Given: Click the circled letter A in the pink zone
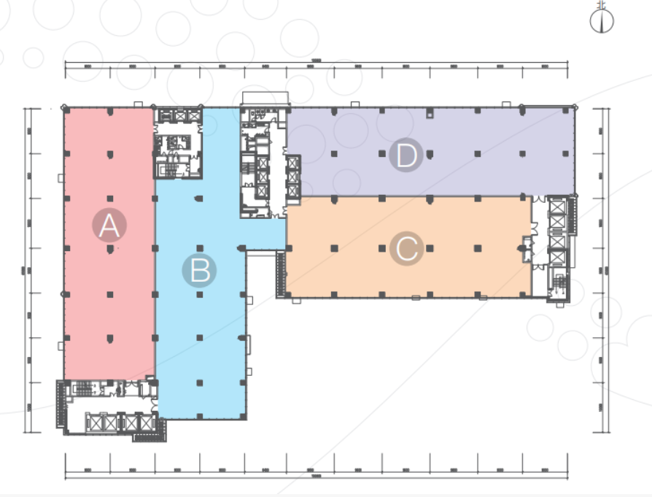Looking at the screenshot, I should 109,226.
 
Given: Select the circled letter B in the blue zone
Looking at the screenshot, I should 199,271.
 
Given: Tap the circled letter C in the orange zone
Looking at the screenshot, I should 406,250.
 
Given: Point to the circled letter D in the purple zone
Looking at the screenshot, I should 405,156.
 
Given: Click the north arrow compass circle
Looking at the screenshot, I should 601,22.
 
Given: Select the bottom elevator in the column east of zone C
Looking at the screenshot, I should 558,258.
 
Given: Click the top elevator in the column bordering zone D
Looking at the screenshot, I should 293,164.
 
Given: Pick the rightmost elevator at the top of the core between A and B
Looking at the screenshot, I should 194,115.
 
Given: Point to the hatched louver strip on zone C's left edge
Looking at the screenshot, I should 280,274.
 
